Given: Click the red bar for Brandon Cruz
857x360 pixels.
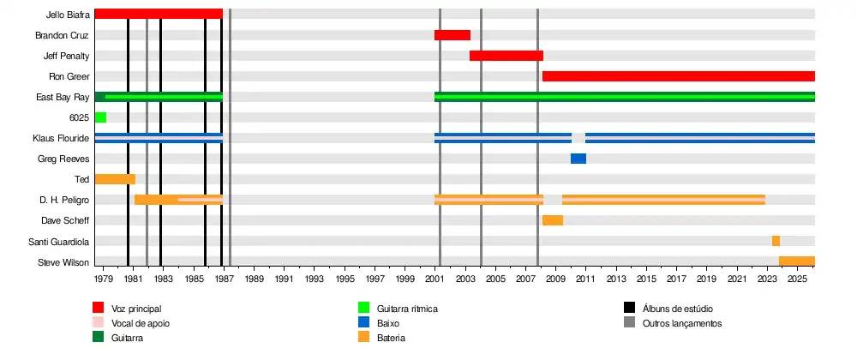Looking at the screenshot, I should coord(452,35).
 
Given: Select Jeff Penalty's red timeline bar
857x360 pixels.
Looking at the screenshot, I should coord(506,56).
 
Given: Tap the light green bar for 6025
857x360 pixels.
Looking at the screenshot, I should coord(100,117).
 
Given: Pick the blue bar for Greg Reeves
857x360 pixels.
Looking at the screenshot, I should coord(578,159).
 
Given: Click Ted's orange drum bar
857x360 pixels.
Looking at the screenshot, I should coord(115,179).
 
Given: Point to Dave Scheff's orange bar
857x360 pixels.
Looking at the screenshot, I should coord(553,220).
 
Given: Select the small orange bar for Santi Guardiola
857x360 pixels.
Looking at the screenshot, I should coord(776,241).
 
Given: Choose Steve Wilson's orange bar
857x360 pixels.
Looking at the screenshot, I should coord(797,261).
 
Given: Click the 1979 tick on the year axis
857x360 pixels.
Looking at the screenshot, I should coord(103,279).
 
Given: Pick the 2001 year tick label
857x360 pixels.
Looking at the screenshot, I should coord(434,279).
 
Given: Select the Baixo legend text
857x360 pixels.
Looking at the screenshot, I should coord(388,323).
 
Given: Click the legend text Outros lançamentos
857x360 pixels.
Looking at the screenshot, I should coord(682,323).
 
